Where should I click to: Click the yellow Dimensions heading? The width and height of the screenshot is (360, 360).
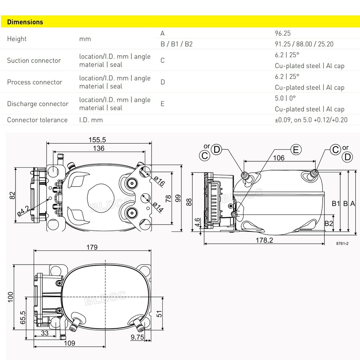25,22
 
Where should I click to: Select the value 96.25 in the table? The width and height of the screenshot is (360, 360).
283,33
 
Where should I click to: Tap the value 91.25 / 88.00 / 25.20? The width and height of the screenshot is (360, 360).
304,44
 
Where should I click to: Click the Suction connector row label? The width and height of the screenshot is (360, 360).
34,60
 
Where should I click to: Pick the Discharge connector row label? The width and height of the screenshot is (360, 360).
38,104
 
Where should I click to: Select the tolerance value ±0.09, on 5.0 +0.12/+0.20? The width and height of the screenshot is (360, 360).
311,120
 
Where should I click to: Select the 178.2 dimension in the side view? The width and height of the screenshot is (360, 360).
264,240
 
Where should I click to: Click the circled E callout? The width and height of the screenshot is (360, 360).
296,149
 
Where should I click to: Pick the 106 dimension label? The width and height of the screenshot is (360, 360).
278,158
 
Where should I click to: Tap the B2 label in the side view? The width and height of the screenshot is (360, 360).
329,224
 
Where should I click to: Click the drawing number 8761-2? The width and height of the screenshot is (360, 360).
342,244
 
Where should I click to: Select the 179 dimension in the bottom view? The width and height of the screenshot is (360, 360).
92,247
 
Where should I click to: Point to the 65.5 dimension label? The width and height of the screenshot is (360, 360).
23,318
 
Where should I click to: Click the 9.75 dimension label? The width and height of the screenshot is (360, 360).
138,337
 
